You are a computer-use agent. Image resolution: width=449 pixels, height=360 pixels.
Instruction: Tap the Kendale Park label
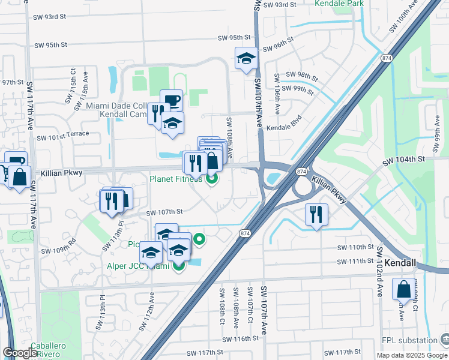pos(340,4)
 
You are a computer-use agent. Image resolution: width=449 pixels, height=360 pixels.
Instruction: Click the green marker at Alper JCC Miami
pos(178,266)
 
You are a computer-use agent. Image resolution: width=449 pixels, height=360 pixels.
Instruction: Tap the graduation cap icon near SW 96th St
pos(246,58)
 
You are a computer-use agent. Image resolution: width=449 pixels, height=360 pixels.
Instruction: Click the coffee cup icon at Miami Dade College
pos(171,100)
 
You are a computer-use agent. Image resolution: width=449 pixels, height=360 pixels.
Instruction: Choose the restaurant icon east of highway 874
pos(316,214)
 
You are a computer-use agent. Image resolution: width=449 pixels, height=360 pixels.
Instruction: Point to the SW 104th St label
pos(404,158)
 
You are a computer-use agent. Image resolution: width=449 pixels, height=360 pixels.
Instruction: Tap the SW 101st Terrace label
pos(62,134)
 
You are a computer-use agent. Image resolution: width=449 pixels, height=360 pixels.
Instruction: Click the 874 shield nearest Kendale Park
pos(385,58)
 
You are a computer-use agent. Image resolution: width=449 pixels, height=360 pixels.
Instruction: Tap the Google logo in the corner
pos(20,353)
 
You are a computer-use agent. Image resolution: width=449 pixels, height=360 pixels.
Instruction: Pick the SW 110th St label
pos(356,247)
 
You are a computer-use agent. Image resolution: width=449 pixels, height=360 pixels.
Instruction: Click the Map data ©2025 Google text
pos(411,355)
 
